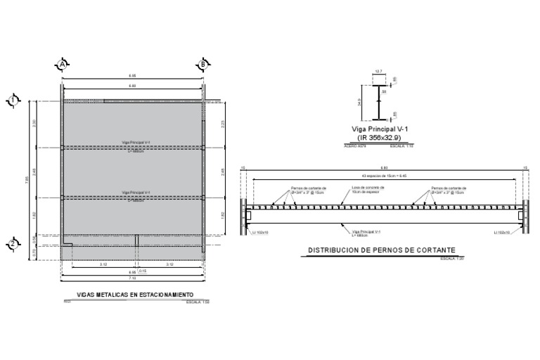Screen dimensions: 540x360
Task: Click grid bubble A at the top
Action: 63,65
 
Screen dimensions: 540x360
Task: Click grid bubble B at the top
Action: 203,65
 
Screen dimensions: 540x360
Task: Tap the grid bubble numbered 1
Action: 12,101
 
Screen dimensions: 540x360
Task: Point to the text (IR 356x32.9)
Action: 379,138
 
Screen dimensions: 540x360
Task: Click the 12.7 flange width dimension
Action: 378,71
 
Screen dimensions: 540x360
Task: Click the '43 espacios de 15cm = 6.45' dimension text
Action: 384,176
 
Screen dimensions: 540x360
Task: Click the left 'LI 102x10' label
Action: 259,231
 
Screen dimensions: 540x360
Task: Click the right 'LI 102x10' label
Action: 504,231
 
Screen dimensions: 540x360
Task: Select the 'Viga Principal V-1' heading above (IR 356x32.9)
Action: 379,129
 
